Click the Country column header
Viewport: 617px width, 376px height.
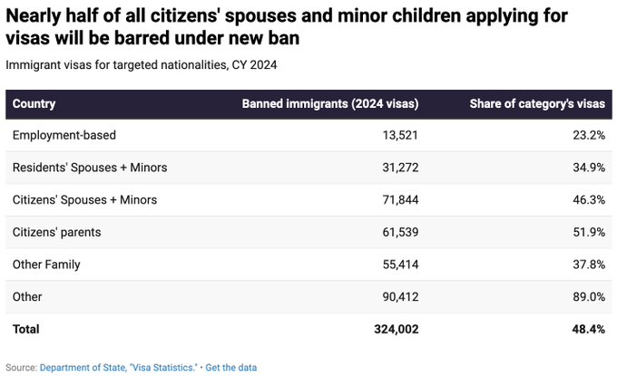click(x=34, y=103)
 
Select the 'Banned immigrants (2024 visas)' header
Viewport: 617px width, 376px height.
click(x=329, y=103)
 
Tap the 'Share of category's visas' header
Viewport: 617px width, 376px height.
click(x=536, y=103)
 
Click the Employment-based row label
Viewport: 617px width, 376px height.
click(x=64, y=135)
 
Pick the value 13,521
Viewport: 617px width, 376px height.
click(x=396, y=135)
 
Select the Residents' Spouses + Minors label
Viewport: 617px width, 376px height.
click(x=89, y=168)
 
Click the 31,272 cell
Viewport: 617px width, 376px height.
click(x=396, y=168)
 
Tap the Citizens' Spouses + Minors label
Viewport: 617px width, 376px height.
click(x=84, y=199)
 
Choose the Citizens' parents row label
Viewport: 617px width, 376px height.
click(x=56, y=232)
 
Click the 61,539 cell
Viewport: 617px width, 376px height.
click(x=396, y=232)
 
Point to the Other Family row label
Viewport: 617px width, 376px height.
click(x=46, y=265)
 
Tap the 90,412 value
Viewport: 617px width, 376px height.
click(x=396, y=296)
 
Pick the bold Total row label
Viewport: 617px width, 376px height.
click(x=26, y=329)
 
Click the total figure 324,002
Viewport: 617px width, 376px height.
click(x=392, y=329)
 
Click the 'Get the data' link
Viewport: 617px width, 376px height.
click(x=231, y=367)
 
